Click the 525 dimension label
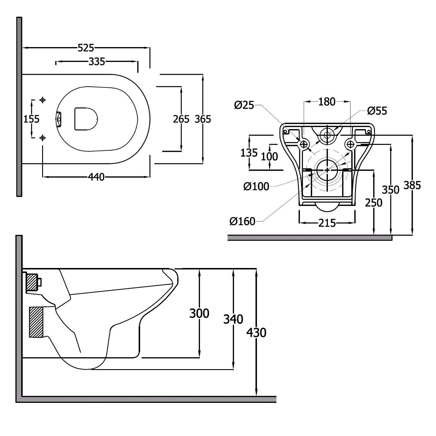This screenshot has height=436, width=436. point(86,48)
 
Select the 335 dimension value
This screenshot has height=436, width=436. point(97,62)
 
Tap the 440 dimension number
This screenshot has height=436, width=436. point(96,177)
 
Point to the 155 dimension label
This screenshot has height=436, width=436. point(31,119)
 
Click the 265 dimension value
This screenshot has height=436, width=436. point(181,119)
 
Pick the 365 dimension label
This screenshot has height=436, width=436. point(203,119)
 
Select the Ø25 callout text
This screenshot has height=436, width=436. point(244,105)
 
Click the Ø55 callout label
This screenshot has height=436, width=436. point(377,111)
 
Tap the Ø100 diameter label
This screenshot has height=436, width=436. point(256,186)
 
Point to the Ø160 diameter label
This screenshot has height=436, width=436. point(242,221)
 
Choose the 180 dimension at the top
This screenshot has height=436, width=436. point(327,102)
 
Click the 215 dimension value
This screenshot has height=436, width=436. point(327,223)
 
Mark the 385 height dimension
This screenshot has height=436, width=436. point(412,185)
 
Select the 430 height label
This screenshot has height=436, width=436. point(256,333)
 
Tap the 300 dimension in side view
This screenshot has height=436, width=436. point(199,313)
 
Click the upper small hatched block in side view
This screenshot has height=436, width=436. point(32,283)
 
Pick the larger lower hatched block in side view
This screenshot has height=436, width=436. point(36,322)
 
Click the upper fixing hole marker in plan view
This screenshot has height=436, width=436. point(43,100)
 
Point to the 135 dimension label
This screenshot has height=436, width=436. point(249,152)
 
